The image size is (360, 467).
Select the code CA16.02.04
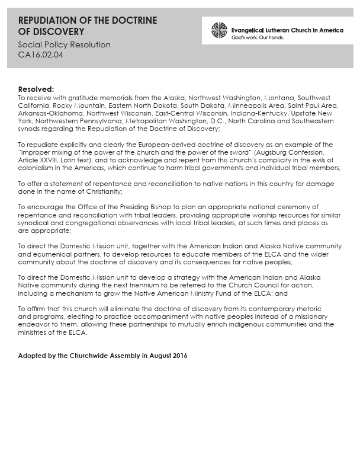pyautogui.click(x=40, y=55)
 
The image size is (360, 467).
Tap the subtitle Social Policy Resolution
pyautogui.click(x=64, y=44)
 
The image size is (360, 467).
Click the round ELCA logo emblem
pyautogui.click(x=219, y=30)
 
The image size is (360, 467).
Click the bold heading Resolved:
pyautogui.click(x=36, y=88)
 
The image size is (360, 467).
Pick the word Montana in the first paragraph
pyautogui.click(x=278, y=97)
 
